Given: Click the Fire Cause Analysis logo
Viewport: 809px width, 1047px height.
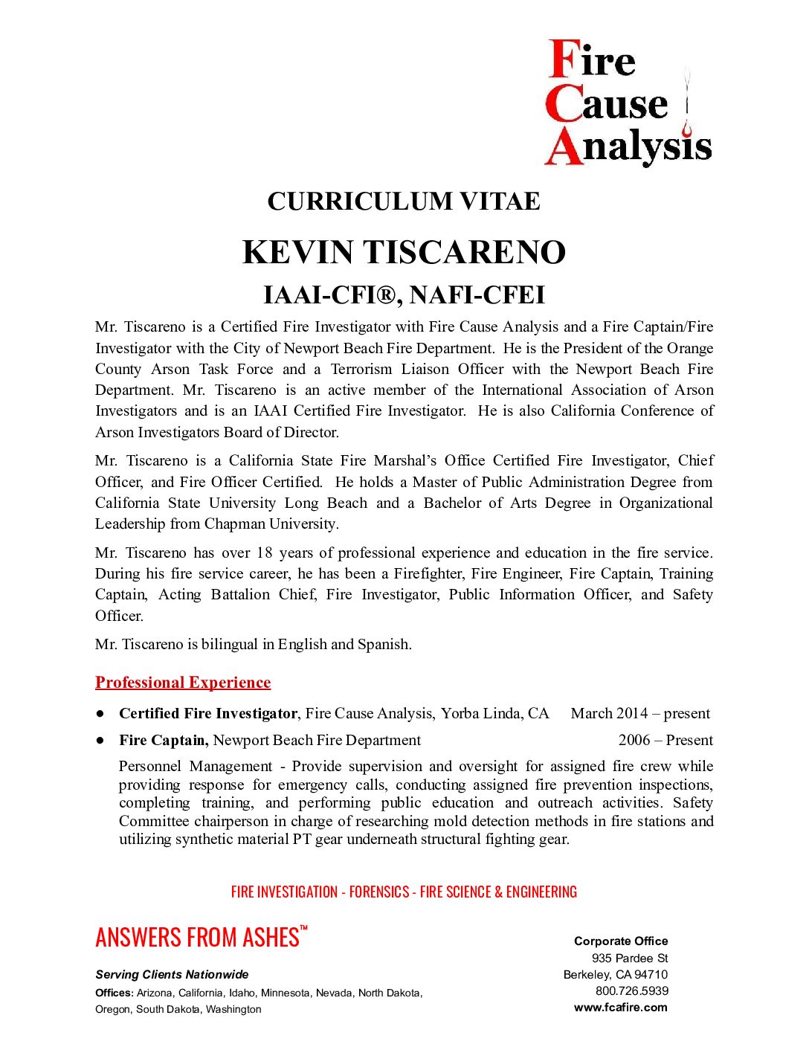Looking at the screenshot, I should click(628, 103).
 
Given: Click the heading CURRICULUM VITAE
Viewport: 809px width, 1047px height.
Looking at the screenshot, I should click(404, 202).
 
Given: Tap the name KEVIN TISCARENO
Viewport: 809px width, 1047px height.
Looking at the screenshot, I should click(404, 253).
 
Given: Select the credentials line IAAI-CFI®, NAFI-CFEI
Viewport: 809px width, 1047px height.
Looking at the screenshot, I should click(404, 295).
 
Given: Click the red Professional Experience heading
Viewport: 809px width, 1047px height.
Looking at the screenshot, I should click(183, 683).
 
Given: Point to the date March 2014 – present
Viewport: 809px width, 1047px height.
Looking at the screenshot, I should click(640, 714).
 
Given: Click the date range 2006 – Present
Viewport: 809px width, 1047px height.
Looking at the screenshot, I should click(665, 741).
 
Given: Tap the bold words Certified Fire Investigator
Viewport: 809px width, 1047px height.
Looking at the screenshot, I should click(208, 714).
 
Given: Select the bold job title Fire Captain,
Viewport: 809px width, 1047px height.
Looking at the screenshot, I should click(164, 741).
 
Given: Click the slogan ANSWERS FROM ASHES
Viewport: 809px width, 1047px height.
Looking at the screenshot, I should click(198, 938).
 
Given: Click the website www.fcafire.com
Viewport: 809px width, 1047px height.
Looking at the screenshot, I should click(621, 1008).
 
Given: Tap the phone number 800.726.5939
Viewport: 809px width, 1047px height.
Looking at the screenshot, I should click(632, 991).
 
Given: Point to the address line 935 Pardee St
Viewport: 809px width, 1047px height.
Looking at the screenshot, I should click(630, 959).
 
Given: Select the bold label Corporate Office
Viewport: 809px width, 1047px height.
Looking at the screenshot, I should click(621, 941).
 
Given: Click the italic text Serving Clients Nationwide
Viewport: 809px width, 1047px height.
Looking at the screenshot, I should click(172, 975).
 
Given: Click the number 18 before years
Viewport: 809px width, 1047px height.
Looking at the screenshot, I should click(265, 553).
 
